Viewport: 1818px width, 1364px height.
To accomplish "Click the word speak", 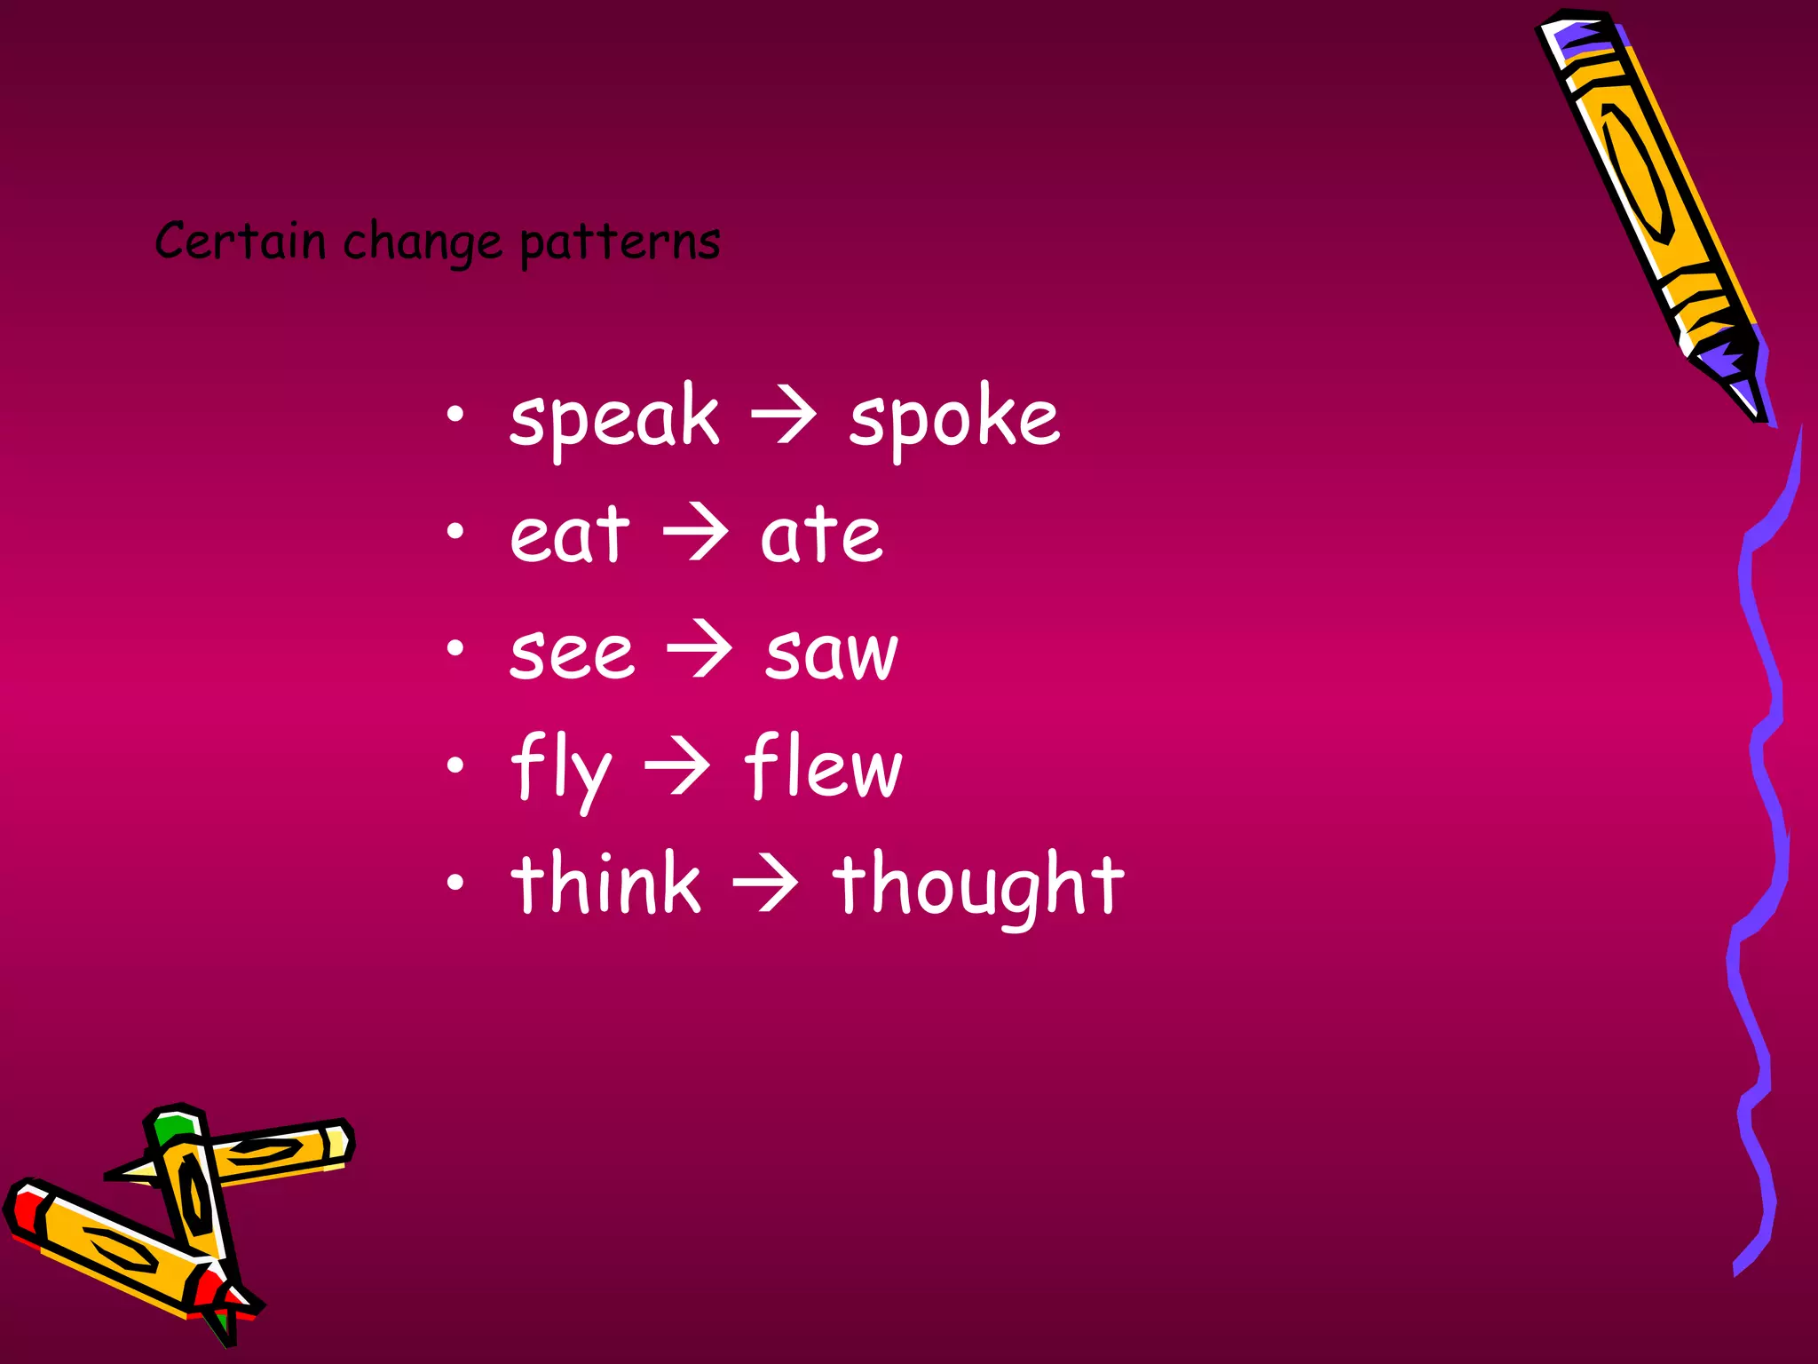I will click(613, 417).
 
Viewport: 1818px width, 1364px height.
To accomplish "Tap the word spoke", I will click(954, 417).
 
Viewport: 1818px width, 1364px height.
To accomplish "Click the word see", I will click(572, 653).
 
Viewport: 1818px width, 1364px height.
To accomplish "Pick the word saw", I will click(832, 653).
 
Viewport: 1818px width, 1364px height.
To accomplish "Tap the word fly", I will click(561, 769).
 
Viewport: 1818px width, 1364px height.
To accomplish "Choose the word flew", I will click(823, 767).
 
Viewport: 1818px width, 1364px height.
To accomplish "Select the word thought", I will click(977, 884).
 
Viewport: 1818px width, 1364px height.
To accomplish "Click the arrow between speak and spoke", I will click(783, 417).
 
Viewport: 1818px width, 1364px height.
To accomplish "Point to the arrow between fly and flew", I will click(677, 767).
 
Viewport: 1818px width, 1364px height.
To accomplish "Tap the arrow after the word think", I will click(765, 884).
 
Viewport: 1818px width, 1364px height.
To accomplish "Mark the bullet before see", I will click(455, 649).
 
